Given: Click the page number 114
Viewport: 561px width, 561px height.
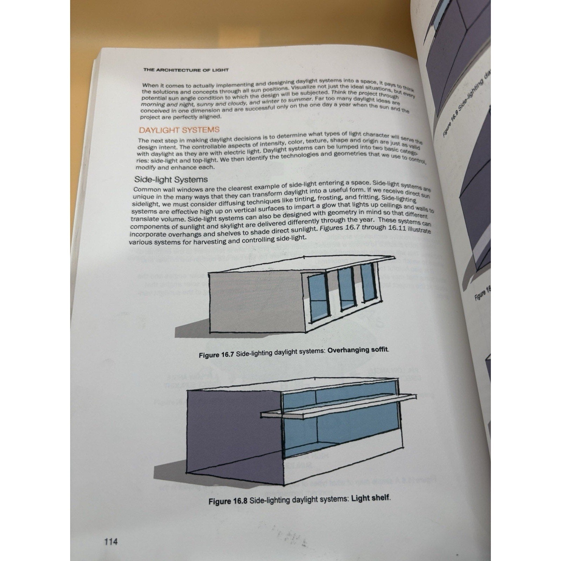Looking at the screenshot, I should (111, 542).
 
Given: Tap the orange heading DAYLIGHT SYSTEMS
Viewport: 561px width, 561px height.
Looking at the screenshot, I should (179, 130).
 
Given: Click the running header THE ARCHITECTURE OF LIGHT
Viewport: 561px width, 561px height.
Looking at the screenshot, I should (186, 70).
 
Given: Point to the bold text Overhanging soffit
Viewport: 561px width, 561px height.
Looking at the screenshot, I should (358, 350).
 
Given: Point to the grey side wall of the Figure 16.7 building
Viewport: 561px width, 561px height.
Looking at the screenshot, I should (256, 302).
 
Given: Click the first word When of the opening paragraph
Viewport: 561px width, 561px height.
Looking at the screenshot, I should (150, 85).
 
